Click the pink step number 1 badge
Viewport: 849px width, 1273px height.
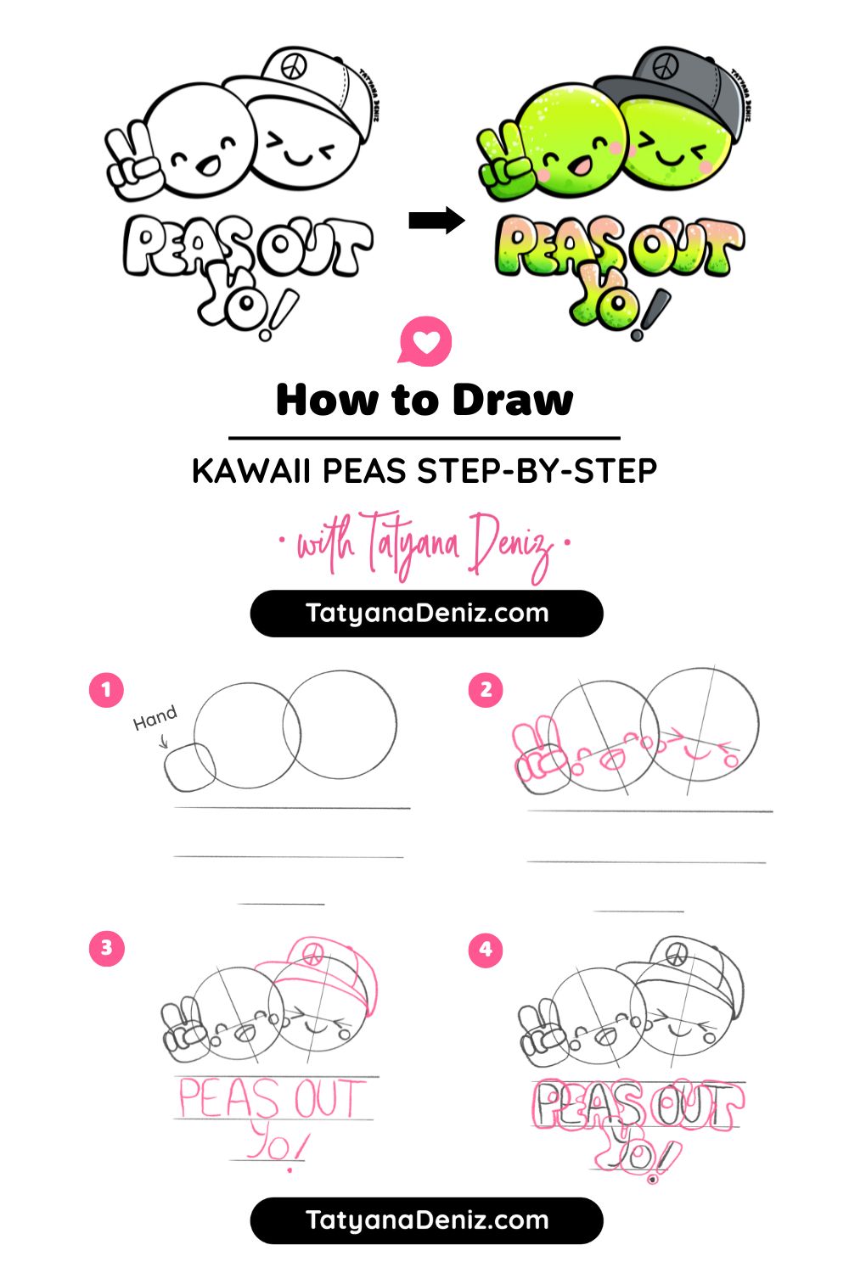(x=106, y=689)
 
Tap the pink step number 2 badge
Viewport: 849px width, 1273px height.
(x=486, y=689)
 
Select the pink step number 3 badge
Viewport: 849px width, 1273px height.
(x=106, y=947)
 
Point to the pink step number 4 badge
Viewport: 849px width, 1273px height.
(x=486, y=948)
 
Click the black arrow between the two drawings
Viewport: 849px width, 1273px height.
(x=436, y=221)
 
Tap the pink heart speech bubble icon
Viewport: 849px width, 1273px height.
(x=425, y=341)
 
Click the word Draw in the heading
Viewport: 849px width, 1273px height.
(x=513, y=400)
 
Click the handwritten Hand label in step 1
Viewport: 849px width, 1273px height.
(x=155, y=718)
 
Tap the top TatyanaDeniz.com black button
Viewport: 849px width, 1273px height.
(x=426, y=613)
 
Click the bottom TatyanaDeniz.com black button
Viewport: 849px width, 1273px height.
(x=426, y=1220)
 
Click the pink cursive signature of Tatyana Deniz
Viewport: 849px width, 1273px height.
(x=424, y=543)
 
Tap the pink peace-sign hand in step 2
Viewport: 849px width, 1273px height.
(x=539, y=751)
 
